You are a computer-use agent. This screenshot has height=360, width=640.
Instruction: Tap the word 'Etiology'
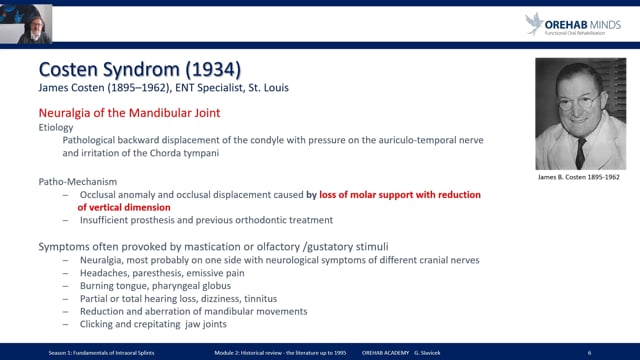pyautogui.click(x=57, y=128)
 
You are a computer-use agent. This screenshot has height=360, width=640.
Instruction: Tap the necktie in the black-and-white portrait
pyautogui.click(x=580, y=150)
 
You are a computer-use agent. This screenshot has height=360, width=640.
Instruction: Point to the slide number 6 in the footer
pyautogui.click(x=590, y=353)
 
